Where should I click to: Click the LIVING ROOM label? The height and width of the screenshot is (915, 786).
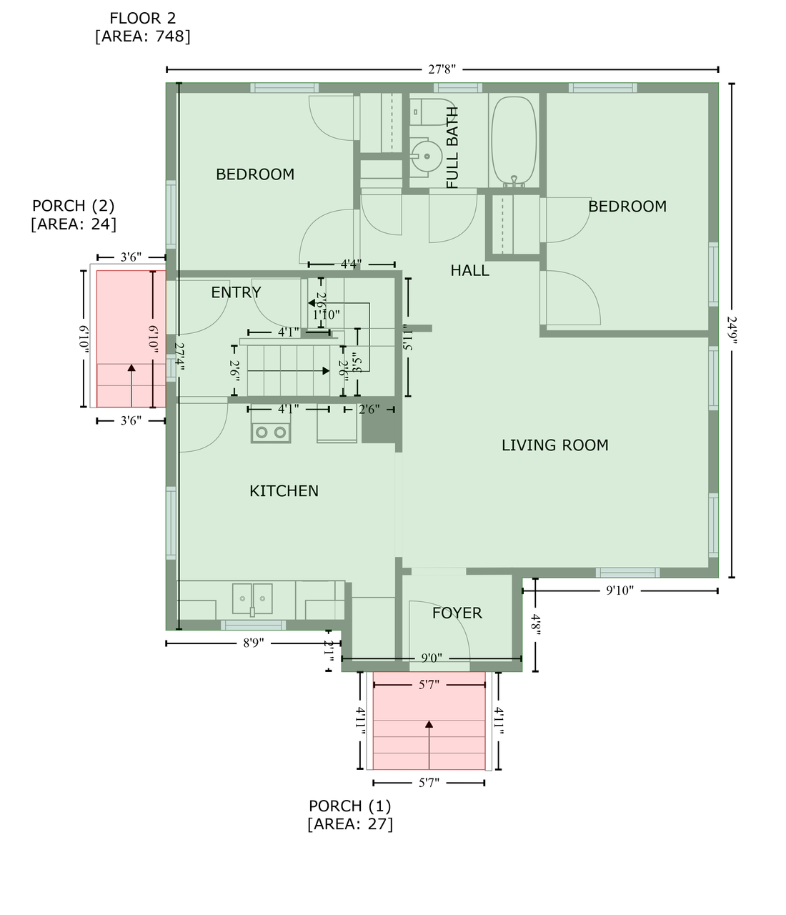tap(554, 445)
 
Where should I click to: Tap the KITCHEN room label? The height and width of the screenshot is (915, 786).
tap(284, 491)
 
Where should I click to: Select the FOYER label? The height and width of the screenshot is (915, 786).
tap(457, 613)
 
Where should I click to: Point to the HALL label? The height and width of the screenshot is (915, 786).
tap(469, 270)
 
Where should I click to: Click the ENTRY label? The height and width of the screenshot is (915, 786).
tap(236, 292)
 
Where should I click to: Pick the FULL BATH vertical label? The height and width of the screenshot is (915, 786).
tap(452, 148)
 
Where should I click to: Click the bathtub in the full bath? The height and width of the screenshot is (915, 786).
tap(514, 142)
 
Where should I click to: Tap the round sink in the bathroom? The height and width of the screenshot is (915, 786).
tap(426, 156)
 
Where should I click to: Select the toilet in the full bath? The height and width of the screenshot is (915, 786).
tap(432, 112)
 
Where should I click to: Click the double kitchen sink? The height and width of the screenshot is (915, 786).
tap(252, 599)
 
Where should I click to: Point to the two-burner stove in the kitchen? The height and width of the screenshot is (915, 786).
tap(270, 432)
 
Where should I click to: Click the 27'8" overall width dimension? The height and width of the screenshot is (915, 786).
tap(442, 69)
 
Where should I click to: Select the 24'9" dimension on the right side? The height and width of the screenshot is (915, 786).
tap(732, 330)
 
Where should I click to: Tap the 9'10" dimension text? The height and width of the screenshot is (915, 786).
tap(620, 590)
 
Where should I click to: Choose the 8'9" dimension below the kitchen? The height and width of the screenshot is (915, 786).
tap(253, 643)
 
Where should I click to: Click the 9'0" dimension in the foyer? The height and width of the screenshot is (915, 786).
tap(432, 658)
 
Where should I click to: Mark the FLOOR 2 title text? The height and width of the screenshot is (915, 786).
tap(142, 18)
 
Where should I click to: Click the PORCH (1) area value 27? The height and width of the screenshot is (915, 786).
tap(383, 824)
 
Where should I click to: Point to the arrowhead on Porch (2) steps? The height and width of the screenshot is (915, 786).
tap(131, 368)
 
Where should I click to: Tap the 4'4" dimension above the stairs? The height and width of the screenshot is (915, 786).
tap(351, 264)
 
